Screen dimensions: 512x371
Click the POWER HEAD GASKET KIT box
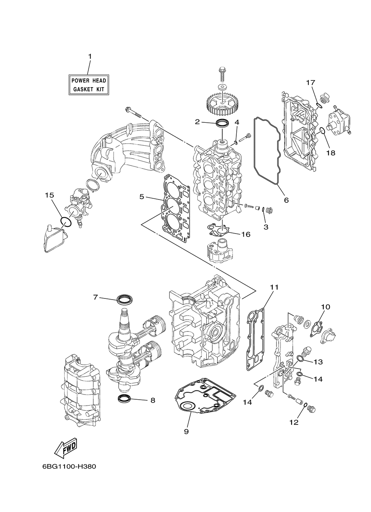89,85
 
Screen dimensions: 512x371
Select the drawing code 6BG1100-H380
69,466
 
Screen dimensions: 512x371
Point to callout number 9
186,432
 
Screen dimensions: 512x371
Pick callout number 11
274,287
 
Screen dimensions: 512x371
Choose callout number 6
286,200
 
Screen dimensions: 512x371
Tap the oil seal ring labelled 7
124,299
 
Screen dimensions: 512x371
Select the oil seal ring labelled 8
124,399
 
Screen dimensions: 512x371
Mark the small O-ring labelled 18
322,130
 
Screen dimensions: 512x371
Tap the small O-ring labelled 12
305,406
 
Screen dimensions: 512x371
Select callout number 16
246,234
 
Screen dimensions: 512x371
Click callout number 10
325,307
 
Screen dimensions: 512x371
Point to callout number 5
142,197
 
